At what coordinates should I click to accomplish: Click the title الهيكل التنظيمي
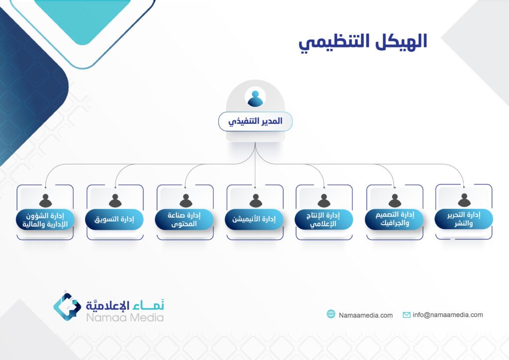click(362, 43)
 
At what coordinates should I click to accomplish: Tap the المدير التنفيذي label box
click(255, 121)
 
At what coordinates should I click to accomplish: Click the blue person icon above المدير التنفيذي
click(255, 98)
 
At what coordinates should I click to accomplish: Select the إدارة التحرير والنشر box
click(464, 219)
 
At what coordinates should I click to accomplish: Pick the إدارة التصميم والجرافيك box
click(394, 219)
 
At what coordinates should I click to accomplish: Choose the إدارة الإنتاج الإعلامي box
click(324, 219)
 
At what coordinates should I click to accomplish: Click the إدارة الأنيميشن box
click(254, 219)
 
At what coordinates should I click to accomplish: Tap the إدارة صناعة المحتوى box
click(184, 219)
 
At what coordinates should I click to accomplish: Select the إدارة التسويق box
click(114, 219)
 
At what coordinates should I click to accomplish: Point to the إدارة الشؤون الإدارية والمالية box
click(45, 220)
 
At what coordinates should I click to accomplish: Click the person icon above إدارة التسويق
click(115, 200)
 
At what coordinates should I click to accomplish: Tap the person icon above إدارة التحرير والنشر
click(464, 200)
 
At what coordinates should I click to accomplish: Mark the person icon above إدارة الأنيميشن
click(256, 200)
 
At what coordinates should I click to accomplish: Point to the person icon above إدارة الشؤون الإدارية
click(45, 200)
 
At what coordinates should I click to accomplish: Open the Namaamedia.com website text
click(365, 315)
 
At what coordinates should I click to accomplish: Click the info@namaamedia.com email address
click(448, 315)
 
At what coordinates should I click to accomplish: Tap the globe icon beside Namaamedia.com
click(331, 314)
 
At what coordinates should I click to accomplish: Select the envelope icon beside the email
click(407, 315)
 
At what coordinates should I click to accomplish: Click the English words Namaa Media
click(125, 317)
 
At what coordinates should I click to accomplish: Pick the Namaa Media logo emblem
click(67, 306)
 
